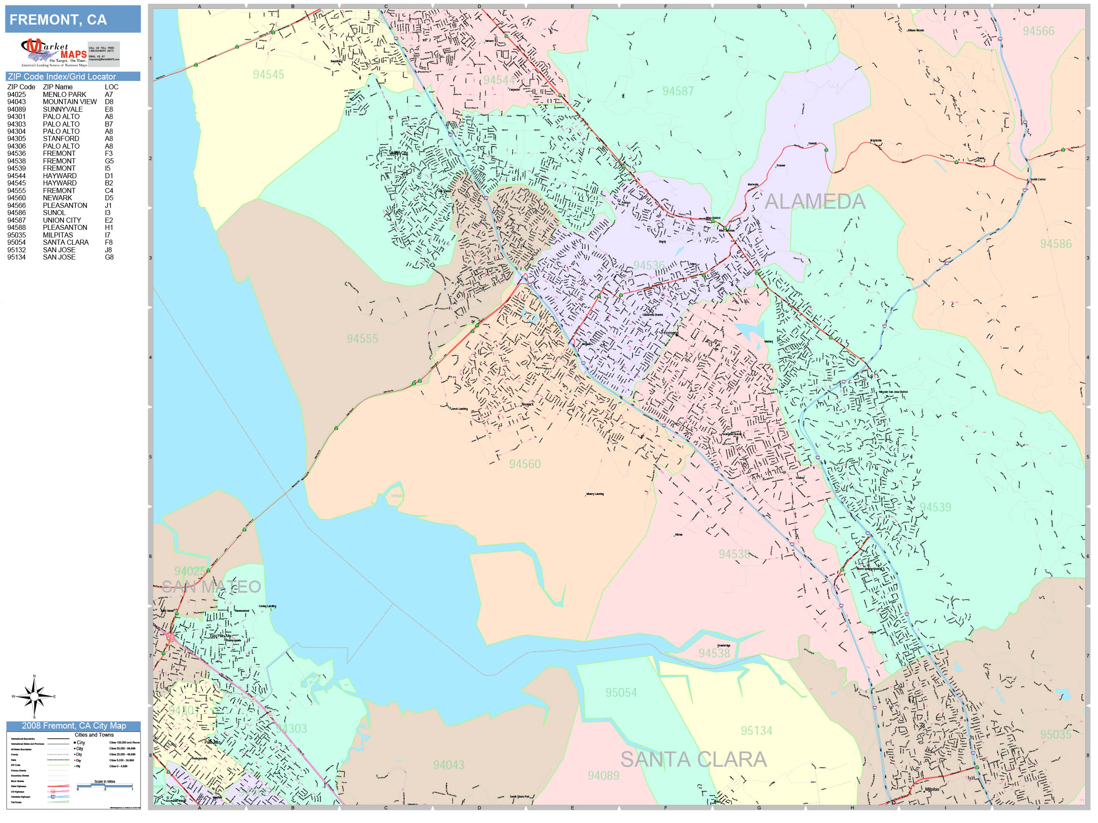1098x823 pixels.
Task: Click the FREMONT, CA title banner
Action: (72, 19)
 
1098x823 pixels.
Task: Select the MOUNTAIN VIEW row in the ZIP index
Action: (69, 102)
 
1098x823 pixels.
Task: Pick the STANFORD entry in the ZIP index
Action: (61, 138)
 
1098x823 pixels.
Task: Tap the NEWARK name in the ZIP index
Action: (57, 198)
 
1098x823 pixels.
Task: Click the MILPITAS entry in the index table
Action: (58, 235)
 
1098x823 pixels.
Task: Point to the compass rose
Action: (34, 696)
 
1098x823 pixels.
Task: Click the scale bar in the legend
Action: (105, 786)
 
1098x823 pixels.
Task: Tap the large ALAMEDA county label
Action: (815, 202)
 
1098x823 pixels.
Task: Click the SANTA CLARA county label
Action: (693, 759)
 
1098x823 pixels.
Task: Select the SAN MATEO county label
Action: (211, 587)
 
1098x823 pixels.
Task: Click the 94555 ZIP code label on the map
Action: (362, 339)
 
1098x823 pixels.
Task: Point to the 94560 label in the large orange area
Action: (525, 464)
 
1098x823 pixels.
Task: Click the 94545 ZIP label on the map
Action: (269, 75)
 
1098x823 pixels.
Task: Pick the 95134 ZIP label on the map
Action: (757, 731)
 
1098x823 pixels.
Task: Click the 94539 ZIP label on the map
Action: (935, 507)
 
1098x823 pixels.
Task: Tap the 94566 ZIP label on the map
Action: (1038, 31)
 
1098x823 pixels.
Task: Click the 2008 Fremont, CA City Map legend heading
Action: (73, 726)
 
